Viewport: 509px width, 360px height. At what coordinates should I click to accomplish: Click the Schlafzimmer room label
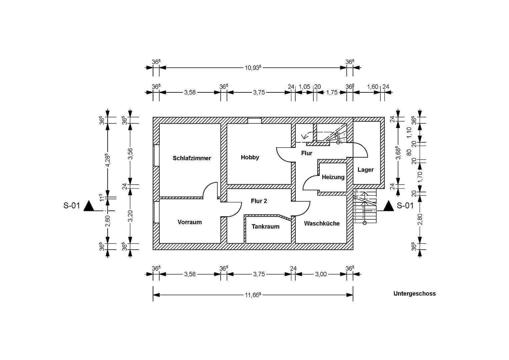192,158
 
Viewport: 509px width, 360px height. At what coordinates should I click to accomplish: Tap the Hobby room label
250,157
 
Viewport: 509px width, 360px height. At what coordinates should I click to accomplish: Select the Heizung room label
333,177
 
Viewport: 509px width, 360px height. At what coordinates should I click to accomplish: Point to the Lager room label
365,170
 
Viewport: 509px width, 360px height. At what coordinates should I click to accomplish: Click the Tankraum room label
265,226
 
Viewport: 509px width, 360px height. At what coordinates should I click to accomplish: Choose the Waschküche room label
322,223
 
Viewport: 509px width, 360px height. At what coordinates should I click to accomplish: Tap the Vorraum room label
189,222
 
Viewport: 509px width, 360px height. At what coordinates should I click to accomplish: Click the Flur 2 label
259,201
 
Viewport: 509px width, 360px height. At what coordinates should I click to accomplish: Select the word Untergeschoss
414,294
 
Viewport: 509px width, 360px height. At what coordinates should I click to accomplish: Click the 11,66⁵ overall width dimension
253,295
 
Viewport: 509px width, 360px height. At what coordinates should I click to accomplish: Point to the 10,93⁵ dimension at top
253,67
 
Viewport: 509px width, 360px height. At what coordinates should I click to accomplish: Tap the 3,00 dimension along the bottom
321,274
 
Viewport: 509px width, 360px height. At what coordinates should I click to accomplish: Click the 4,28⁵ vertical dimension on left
107,160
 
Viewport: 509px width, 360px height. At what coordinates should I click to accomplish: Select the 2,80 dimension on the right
420,219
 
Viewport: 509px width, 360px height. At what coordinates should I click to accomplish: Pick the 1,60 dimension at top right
372,87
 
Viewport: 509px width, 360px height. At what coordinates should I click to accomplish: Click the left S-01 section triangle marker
89,206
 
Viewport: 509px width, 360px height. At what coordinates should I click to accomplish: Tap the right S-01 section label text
405,206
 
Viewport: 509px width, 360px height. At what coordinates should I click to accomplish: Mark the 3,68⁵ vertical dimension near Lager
397,153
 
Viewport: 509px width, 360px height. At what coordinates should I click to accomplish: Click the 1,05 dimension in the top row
304,87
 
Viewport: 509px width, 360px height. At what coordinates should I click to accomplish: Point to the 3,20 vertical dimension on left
130,216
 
